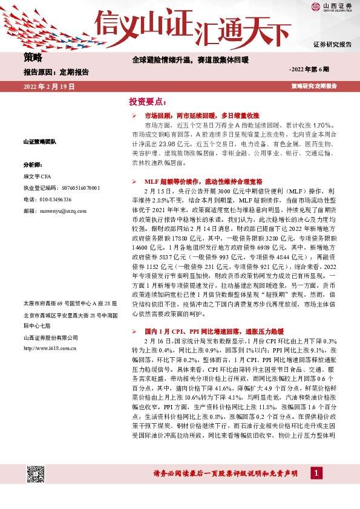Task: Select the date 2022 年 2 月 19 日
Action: [x=49, y=87]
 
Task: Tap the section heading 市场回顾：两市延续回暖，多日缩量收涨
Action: [x=201, y=115]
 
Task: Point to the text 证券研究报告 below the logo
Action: [x=332, y=45]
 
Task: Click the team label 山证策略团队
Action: [x=40, y=141]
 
